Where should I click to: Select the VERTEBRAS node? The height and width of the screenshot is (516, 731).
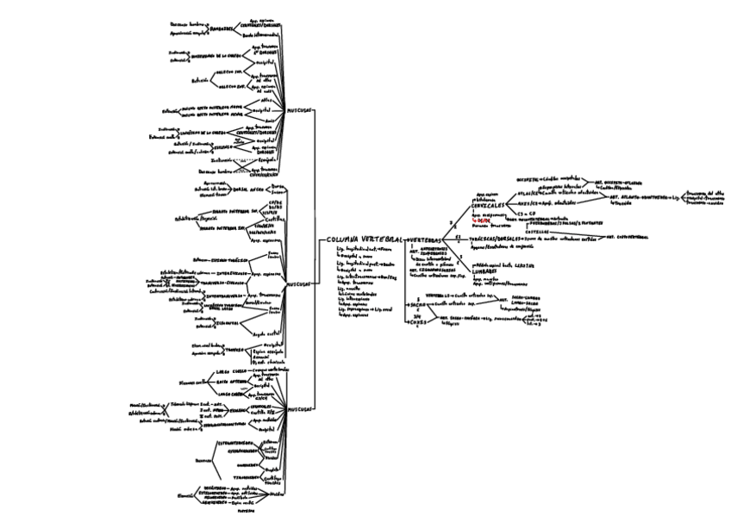[x=425, y=239]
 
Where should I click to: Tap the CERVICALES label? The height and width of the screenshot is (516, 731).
[x=488, y=205]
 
